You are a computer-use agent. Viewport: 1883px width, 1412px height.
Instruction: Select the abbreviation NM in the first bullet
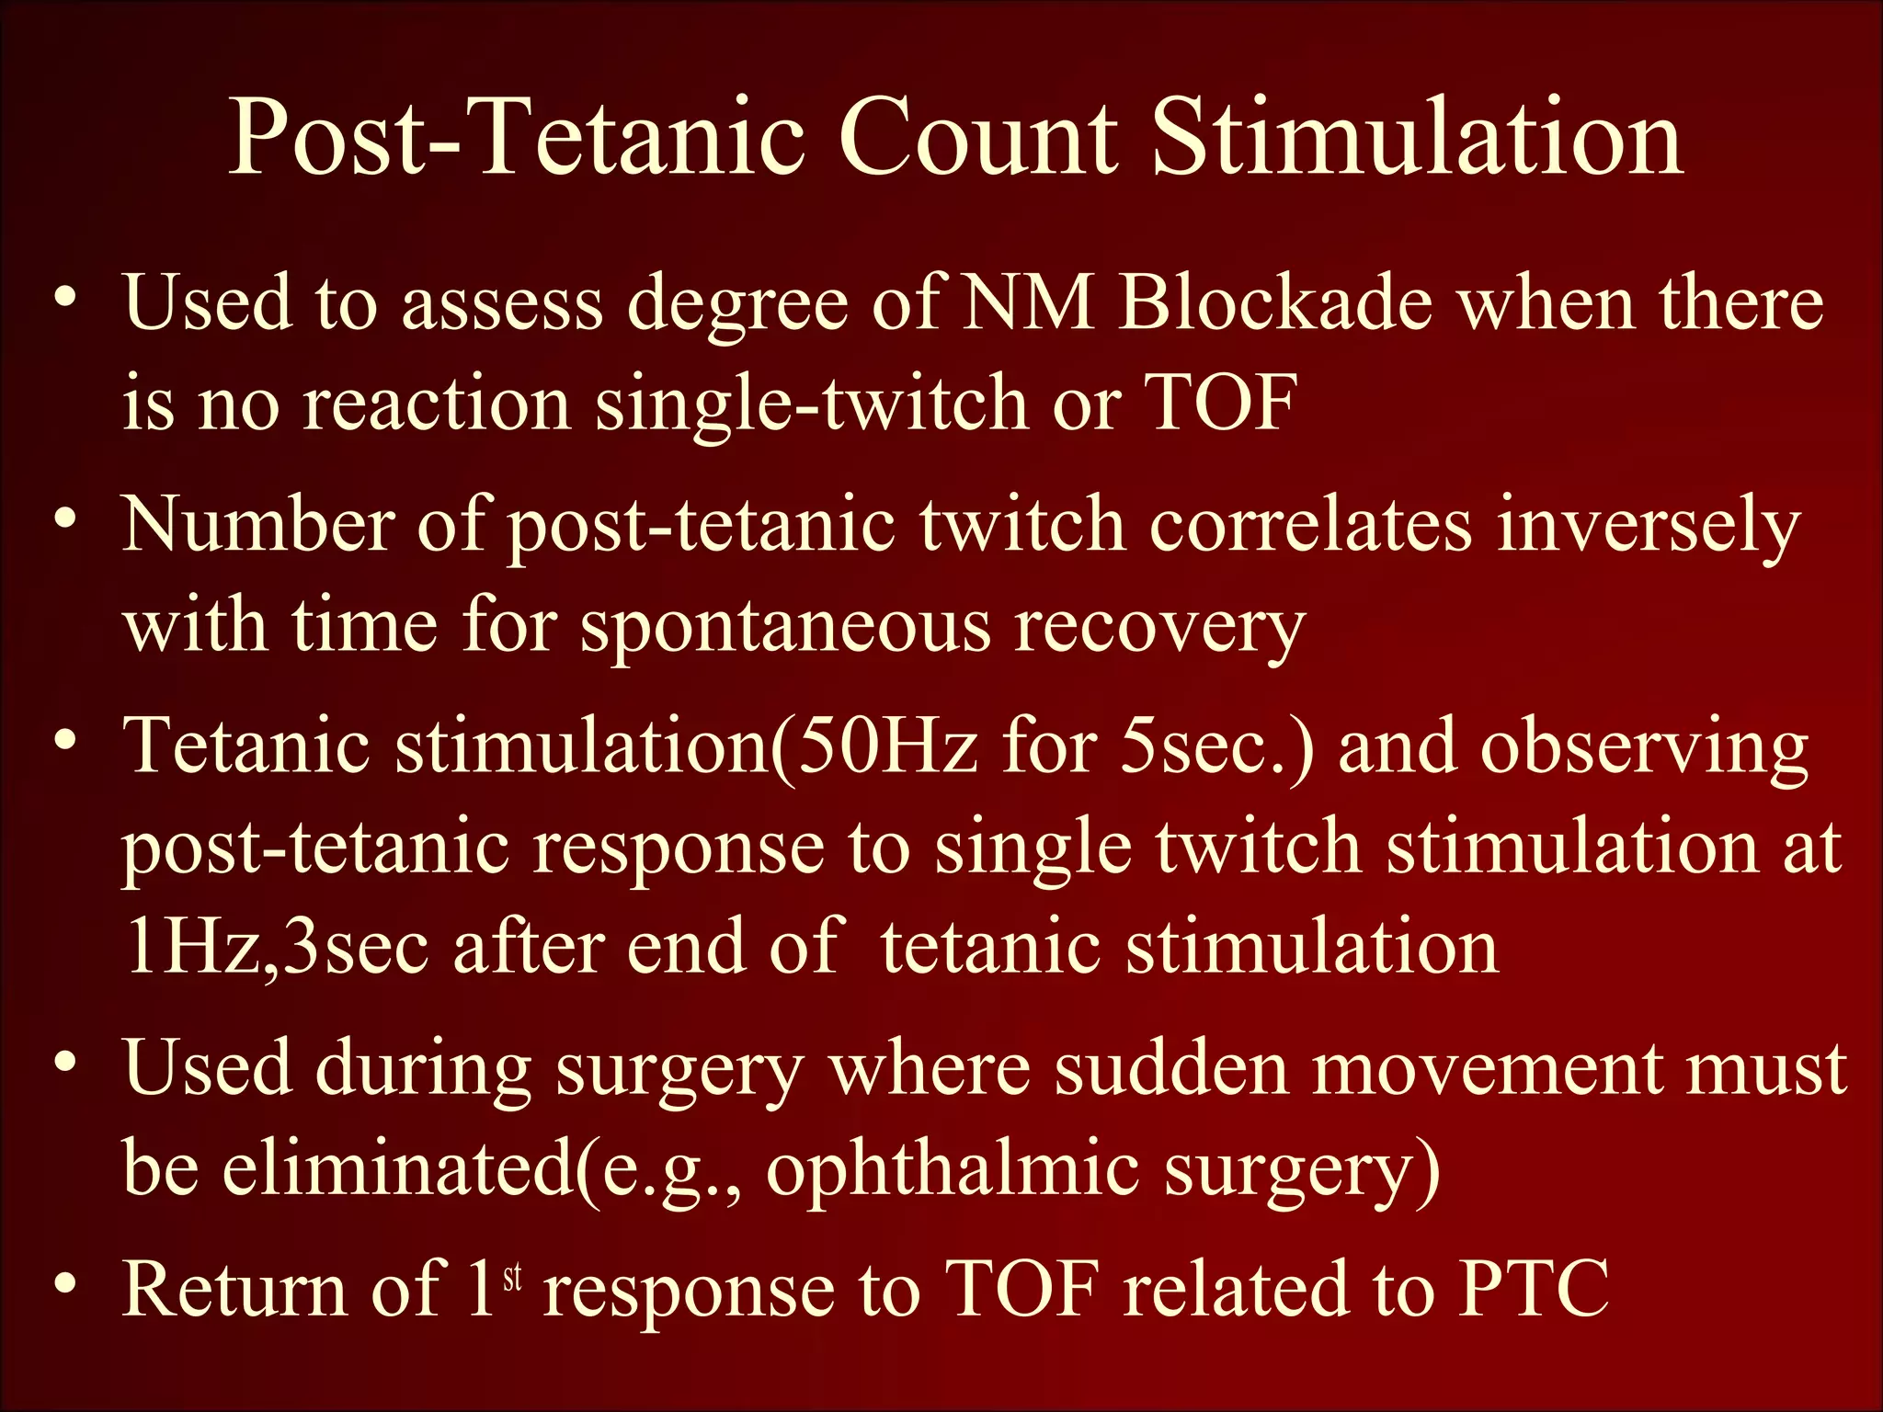(1027, 303)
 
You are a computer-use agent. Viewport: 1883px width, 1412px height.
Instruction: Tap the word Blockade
(1276, 303)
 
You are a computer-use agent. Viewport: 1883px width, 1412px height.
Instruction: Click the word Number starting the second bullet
(258, 525)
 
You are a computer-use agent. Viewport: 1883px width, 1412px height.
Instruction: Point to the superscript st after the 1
(512, 1276)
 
